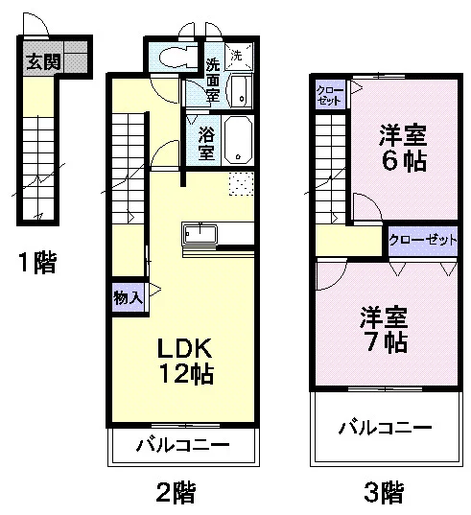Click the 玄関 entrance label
43,62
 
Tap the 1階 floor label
36,263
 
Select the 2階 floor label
176,492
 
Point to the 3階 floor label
384,492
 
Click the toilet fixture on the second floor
177,59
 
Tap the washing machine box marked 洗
239,57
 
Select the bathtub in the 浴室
238,140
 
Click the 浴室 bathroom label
206,144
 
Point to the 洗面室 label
213,80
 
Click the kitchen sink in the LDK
200,233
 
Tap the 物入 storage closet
129,298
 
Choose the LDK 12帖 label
185,361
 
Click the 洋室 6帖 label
403,148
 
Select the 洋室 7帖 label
384,329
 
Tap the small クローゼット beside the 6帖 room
330,94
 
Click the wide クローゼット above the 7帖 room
423,241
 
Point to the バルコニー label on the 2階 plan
182,445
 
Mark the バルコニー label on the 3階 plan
385,428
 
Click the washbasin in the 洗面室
242,91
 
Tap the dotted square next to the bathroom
241,183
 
